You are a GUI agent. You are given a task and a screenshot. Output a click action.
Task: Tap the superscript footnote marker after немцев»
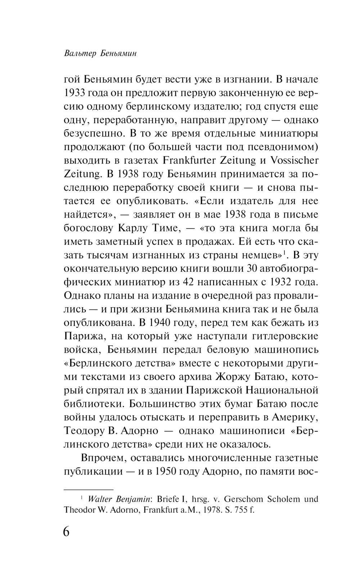click(284, 252)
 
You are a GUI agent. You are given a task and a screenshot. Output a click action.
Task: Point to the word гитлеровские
click(281, 336)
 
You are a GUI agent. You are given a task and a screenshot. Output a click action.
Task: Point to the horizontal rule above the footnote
click(89, 489)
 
